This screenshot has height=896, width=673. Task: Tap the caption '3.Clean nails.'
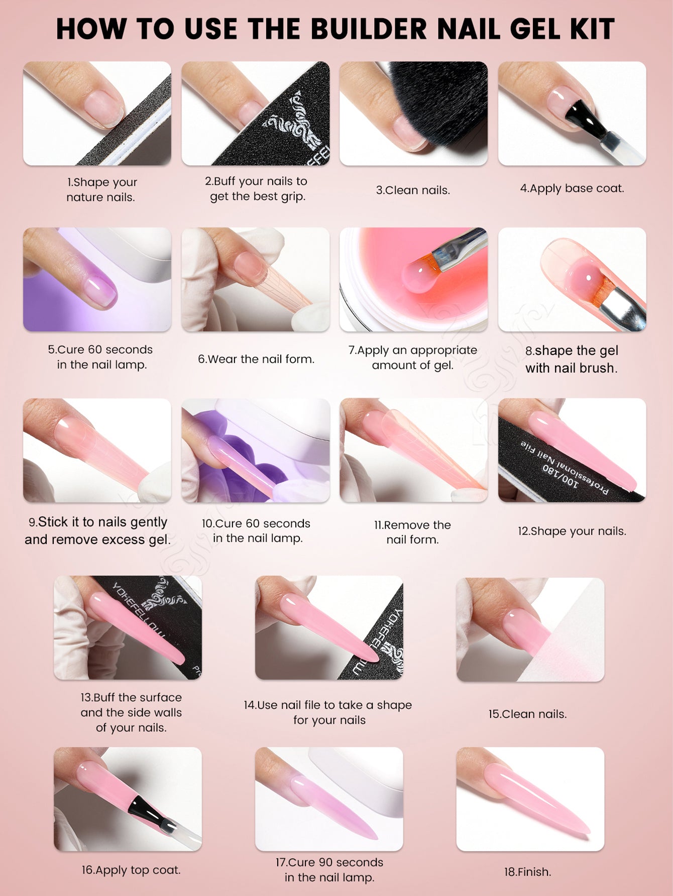pos(413,190)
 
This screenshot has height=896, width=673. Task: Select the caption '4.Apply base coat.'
pos(572,189)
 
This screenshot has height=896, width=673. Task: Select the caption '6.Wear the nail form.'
pos(256,359)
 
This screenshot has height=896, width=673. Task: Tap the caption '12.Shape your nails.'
pos(572,531)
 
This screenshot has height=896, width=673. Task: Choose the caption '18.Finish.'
pos(527,872)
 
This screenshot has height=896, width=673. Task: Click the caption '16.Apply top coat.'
pos(131,870)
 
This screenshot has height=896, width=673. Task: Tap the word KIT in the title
pos(592,29)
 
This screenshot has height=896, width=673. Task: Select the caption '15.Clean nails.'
pos(527,714)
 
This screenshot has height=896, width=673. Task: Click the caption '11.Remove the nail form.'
pos(412,532)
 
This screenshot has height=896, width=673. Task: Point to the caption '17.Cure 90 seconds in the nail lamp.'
pos(329,870)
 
